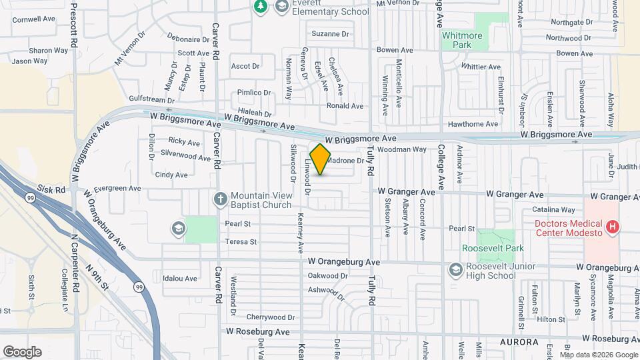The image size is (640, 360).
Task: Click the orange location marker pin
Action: point(320,159)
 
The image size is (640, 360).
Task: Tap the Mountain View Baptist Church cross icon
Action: point(221,199)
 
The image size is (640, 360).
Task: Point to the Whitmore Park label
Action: point(466,39)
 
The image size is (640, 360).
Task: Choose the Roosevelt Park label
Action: point(493,248)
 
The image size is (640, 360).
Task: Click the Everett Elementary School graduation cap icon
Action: point(281,7)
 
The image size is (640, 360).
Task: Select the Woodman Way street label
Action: point(402,149)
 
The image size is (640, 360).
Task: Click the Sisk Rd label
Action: point(51,189)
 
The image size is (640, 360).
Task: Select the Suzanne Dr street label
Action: point(331,34)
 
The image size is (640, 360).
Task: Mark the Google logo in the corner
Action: point(22,352)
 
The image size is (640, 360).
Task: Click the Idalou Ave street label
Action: point(181,279)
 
